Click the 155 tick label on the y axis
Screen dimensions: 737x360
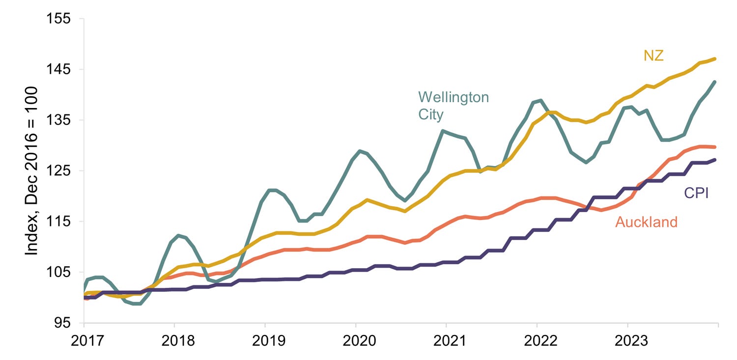click(x=58, y=18)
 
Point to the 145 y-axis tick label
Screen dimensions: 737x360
click(x=58, y=69)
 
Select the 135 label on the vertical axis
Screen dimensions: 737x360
click(x=58, y=120)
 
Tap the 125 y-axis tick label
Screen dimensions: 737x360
click(x=58, y=170)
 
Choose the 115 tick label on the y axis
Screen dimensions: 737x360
click(x=58, y=222)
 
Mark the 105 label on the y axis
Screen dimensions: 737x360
click(x=58, y=272)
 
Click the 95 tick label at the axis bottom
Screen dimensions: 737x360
click(x=63, y=323)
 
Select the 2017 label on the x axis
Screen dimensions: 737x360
click(x=87, y=341)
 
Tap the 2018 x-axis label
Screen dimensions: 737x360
click(x=178, y=341)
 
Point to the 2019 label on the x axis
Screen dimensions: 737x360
click(x=269, y=341)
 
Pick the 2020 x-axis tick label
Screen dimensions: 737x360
click(x=359, y=341)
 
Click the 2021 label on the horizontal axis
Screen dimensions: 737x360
click(x=450, y=341)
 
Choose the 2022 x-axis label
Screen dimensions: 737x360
click(x=540, y=341)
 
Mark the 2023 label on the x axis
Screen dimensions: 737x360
click(x=631, y=341)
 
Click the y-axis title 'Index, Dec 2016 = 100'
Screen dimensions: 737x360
click(x=31, y=170)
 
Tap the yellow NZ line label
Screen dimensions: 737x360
click(x=653, y=55)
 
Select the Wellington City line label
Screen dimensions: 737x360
click(x=454, y=106)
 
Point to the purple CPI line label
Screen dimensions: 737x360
click(x=696, y=193)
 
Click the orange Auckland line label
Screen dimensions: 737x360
click(x=647, y=222)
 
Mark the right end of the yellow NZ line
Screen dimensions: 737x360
click(x=715, y=59)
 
